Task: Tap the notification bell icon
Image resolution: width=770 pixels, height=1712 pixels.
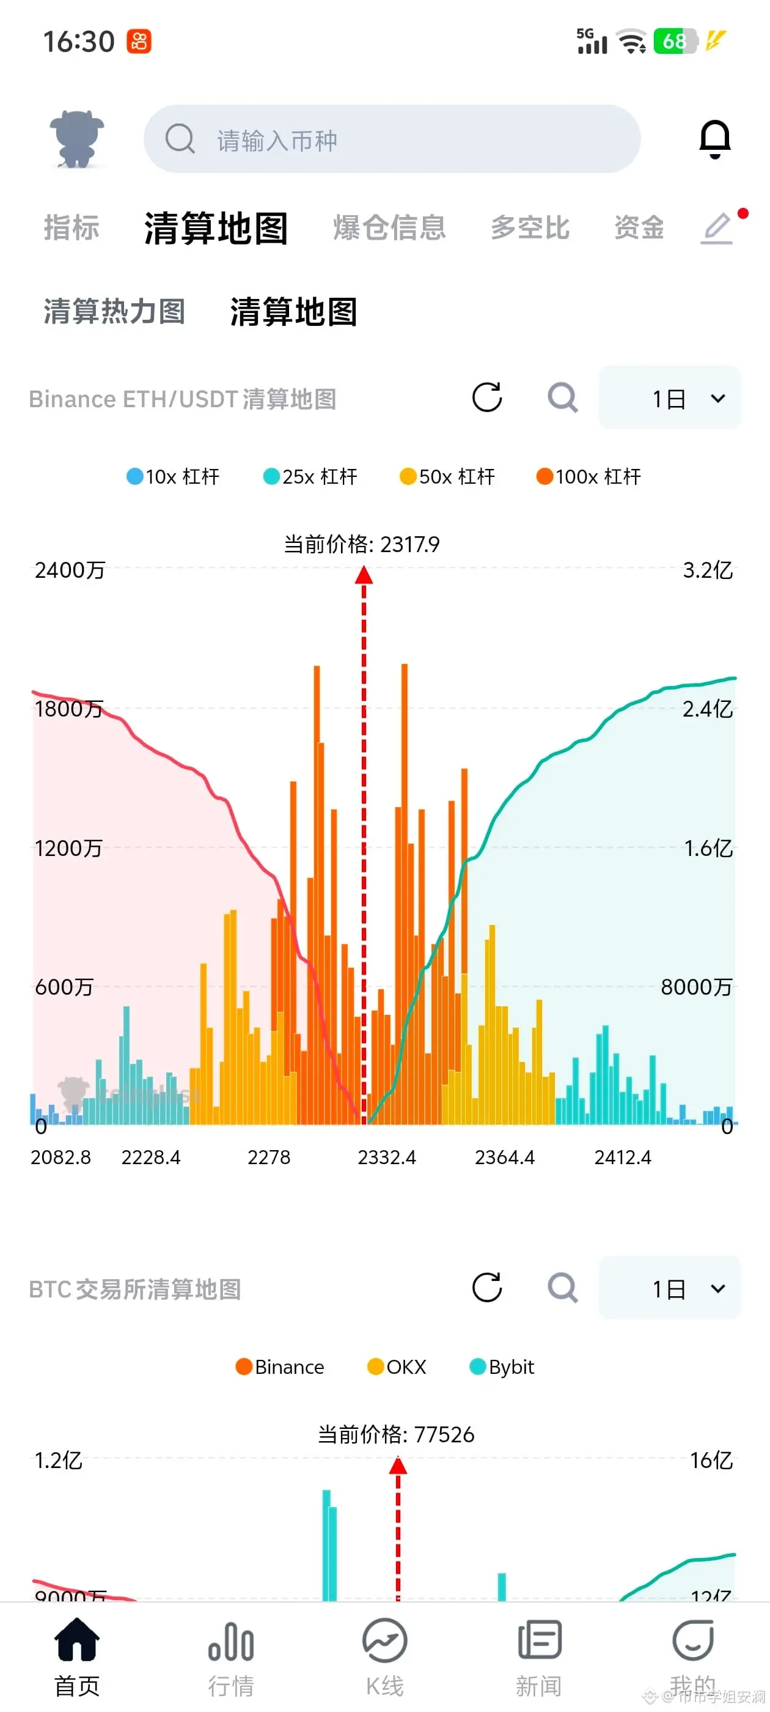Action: pyautogui.click(x=715, y=139)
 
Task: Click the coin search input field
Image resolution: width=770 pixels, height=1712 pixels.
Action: pyautogui.click(x=392, y=139)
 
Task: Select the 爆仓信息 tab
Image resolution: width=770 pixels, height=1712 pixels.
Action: pyautogui.click(x=389, y=228)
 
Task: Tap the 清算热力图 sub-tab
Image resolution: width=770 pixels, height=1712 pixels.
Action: pyautogui.click(x=114, y=312)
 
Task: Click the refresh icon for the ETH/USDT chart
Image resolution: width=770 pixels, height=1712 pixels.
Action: pyautogui.click(x=487, y=397)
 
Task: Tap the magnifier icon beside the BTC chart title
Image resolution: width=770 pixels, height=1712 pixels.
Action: pyautogui.click(x=562, y=1288)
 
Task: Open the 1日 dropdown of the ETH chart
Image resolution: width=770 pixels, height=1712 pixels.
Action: pyautogui.click(x=670, y=398)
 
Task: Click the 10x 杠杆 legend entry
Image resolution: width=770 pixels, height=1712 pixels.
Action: pyautogui.click(x=173, y=476)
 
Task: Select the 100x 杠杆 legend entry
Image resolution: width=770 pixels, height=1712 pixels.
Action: pyautogui.click(x=588, y=476)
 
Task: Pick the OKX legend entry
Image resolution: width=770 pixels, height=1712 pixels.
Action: pyautogui.click(x=397, y=1367)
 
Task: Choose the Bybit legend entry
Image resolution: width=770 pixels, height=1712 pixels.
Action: pyautogui.click(x=502, y=1367)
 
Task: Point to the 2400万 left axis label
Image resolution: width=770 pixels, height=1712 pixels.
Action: pyautogui.click(x=70, y=570)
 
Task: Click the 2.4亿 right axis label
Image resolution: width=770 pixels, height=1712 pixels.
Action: pyautogui.click(x=708, y=709)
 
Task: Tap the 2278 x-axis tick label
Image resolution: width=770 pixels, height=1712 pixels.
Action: pyautogui.click(x=269, y=1157)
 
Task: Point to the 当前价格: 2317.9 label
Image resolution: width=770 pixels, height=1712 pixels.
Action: pyautogui.click(x=361, y=544)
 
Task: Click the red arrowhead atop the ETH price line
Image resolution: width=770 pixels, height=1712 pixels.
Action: pyautogui.click(x=364, y=575)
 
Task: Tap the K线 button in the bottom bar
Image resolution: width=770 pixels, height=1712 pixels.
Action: pyautogui.click(x=384, y=1656)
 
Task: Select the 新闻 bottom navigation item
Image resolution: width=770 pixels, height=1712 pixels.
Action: pyautogui.click(x=539, y=1656)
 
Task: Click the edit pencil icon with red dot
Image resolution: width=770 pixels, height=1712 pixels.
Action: pyautogui.click(x=718, y=228)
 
